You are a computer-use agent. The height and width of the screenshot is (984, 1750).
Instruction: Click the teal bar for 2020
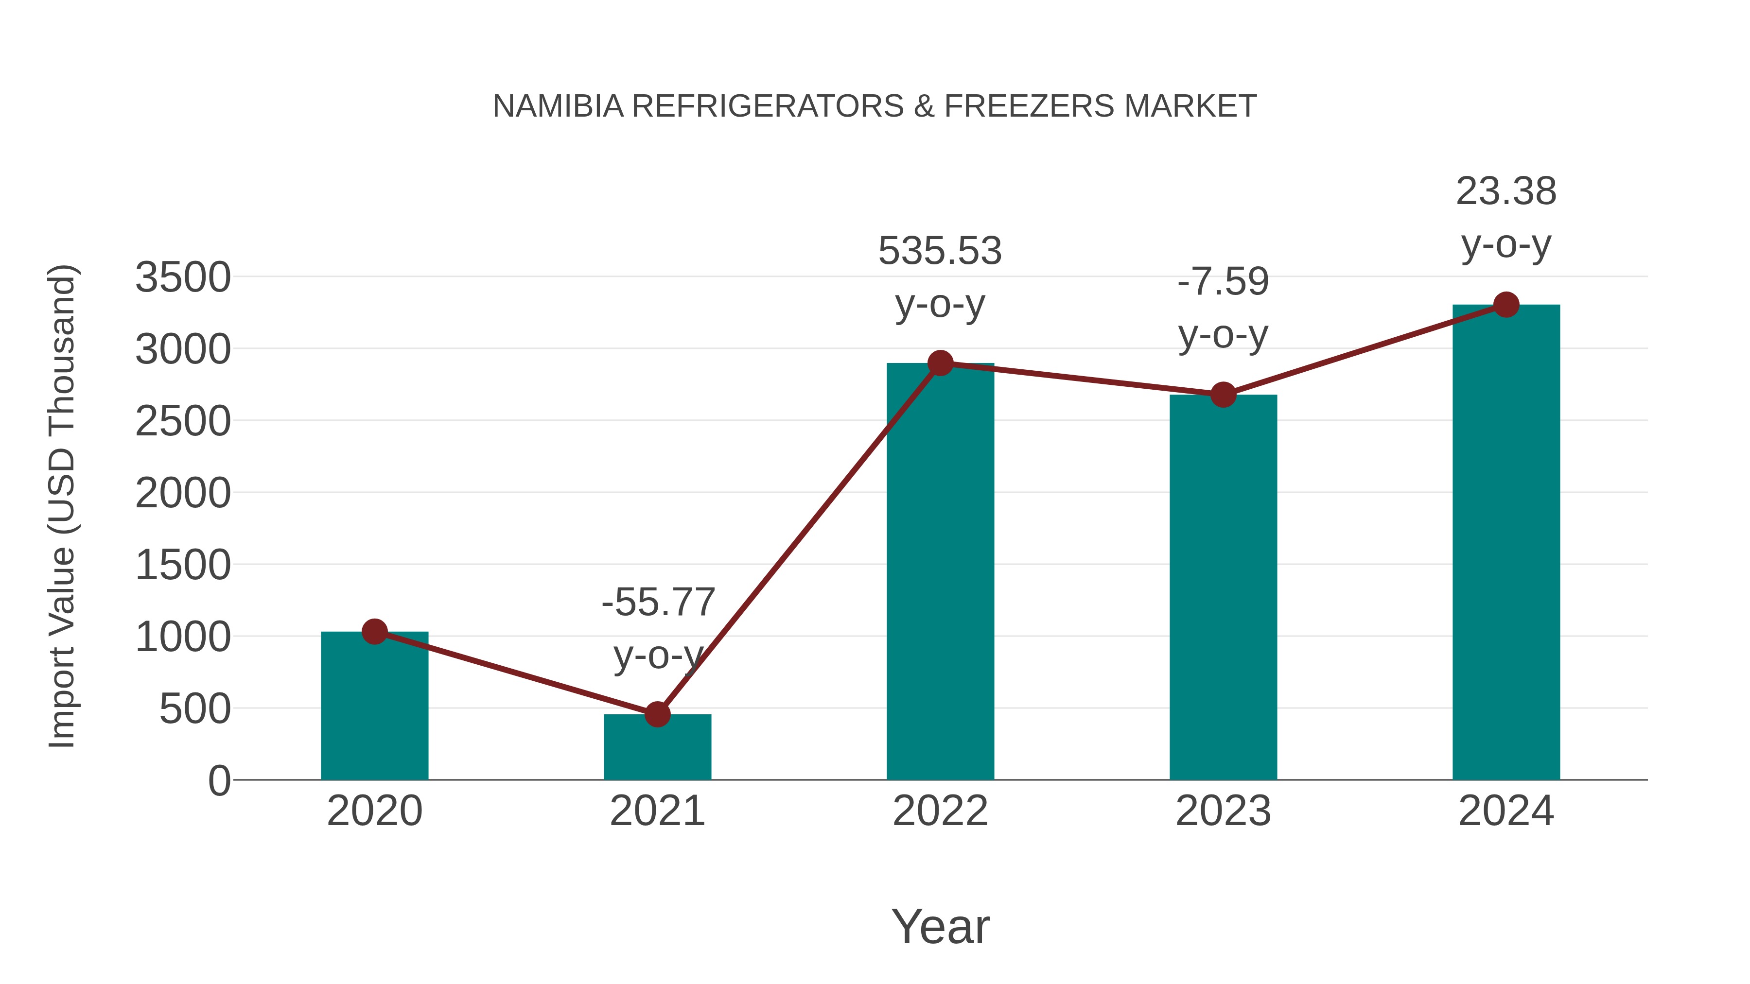[x=374, y=706]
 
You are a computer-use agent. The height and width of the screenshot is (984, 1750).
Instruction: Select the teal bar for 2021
[x=657, y=747]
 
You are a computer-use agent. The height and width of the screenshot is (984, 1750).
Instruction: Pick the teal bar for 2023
[x=1223, y=587]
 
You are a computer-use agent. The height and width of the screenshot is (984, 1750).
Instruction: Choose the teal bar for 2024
[x=1506, y=543]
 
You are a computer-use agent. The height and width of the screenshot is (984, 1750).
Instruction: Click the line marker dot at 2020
[x=374, y=632]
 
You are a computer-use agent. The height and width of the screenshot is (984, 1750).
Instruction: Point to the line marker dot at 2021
[x=657, y=714]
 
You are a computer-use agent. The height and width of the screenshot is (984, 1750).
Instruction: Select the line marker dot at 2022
[x=940, y=363]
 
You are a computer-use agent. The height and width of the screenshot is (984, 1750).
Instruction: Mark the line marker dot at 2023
[x=1223, y=395]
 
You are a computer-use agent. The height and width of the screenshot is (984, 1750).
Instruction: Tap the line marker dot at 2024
[x=1506, y=305]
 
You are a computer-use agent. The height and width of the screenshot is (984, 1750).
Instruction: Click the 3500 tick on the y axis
[x=183, y=277]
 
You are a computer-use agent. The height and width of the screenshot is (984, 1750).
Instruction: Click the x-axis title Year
[x=940, y=926]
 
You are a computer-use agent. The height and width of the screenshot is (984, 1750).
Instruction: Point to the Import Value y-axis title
[x=61, y=506]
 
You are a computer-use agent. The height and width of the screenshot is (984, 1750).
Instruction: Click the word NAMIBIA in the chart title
[x=558, y=106]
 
